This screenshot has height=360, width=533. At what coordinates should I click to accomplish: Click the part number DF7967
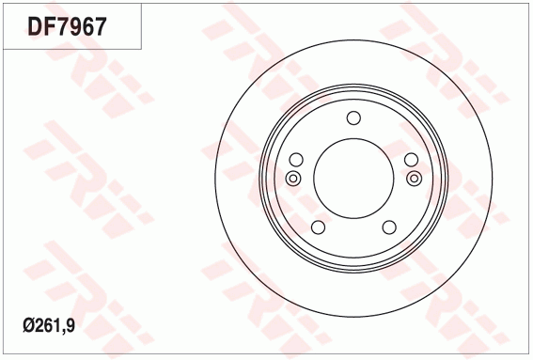[67, 26]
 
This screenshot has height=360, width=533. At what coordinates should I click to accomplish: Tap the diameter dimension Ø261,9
[49, 325]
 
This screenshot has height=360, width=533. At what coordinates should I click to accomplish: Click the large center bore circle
[353, 138]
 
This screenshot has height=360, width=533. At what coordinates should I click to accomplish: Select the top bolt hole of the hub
[353, 117]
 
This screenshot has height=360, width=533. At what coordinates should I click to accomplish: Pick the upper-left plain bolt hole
[296, 160]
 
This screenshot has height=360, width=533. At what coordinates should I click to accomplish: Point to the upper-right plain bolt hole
[411, 160]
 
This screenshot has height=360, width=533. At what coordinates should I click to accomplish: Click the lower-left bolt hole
[318, 227]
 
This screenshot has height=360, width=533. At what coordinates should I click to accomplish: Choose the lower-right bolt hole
[389, 227]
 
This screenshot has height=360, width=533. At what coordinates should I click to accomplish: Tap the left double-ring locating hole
[292, 179]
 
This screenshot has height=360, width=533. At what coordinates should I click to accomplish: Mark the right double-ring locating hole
[415, 179]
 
